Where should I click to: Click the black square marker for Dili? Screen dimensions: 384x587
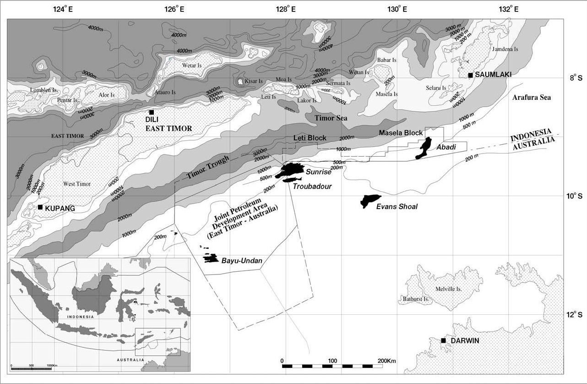point(151,112)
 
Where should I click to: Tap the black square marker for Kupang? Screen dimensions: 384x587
point(40,207)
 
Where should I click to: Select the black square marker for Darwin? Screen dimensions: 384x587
point(443,340)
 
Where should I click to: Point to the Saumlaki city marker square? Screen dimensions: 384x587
point(470,75)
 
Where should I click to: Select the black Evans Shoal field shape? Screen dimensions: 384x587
point(370,200)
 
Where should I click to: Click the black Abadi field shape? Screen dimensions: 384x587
point(424,147)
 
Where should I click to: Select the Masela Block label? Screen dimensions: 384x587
point(401,133)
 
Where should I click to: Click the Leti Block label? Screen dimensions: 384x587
point(310,138)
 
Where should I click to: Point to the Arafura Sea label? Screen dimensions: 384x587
point(531,98)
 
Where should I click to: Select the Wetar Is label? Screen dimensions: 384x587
point(192,66)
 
